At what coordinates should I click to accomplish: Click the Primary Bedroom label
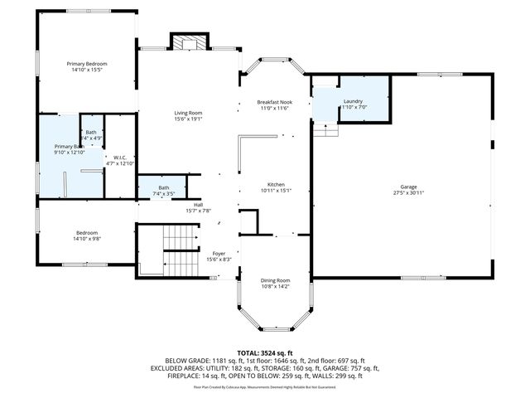tap(87, 64)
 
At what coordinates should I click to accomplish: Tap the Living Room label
tap(188, 113)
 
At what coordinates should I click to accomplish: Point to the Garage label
tap(409, 187)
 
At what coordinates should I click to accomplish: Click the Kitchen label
tap(276, 184)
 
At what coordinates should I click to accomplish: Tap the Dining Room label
tap(276, 280)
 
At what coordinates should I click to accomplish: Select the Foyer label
tap(219, 254)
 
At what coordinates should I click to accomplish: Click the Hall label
tap(198, 205)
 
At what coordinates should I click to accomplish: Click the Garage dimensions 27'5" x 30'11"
tap(409, 193)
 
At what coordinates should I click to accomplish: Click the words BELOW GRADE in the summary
tap(187, 361)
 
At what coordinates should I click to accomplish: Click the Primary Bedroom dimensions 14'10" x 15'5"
tap(87, 70)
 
